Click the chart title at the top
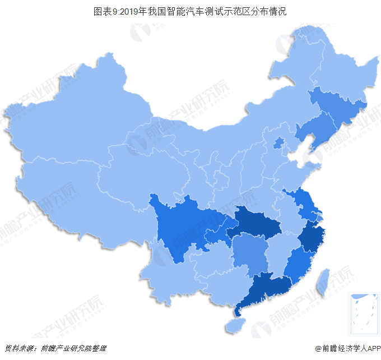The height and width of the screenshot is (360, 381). click(190, 11)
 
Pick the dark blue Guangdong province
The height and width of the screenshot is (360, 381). click(263, 289)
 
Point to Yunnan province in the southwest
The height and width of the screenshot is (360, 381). click(168, 280)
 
